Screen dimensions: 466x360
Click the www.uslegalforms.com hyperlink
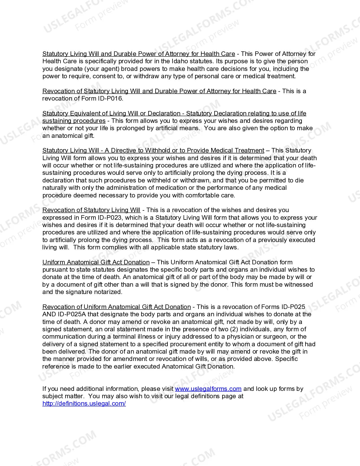[208, 389]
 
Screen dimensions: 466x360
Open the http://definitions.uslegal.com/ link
[84, 404]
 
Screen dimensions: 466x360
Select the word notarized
[109, 292]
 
